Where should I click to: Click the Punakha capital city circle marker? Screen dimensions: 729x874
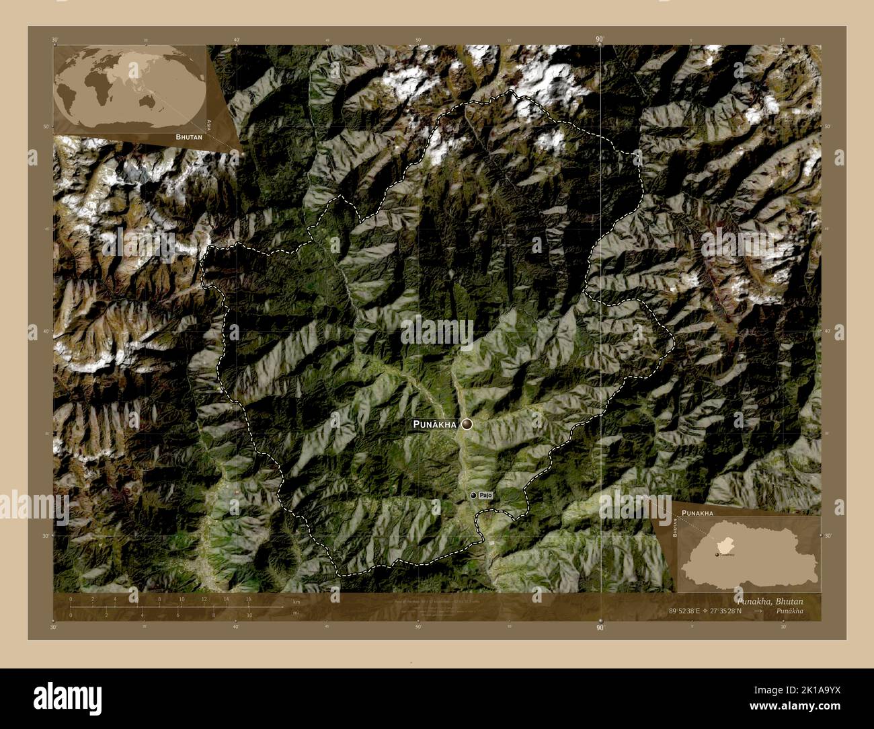click(x=467, y=424)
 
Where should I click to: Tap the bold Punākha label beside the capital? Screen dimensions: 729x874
click(x=435, y=424)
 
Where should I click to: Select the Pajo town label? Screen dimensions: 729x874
click(x=486, y=495)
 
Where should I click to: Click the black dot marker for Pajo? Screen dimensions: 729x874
click(x=473, y=495)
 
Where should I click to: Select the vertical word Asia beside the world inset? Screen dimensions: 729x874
click(x=210, y=124)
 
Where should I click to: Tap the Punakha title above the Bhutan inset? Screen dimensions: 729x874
click(x=697, y=512)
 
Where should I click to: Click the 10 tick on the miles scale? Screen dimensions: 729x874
click(x=249, y=615)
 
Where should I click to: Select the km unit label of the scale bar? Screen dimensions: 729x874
click(x=296, y=602)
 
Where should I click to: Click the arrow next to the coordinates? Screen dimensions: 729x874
click(x=758, y=611)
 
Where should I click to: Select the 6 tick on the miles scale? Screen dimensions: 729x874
click(x=177, y=615)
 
